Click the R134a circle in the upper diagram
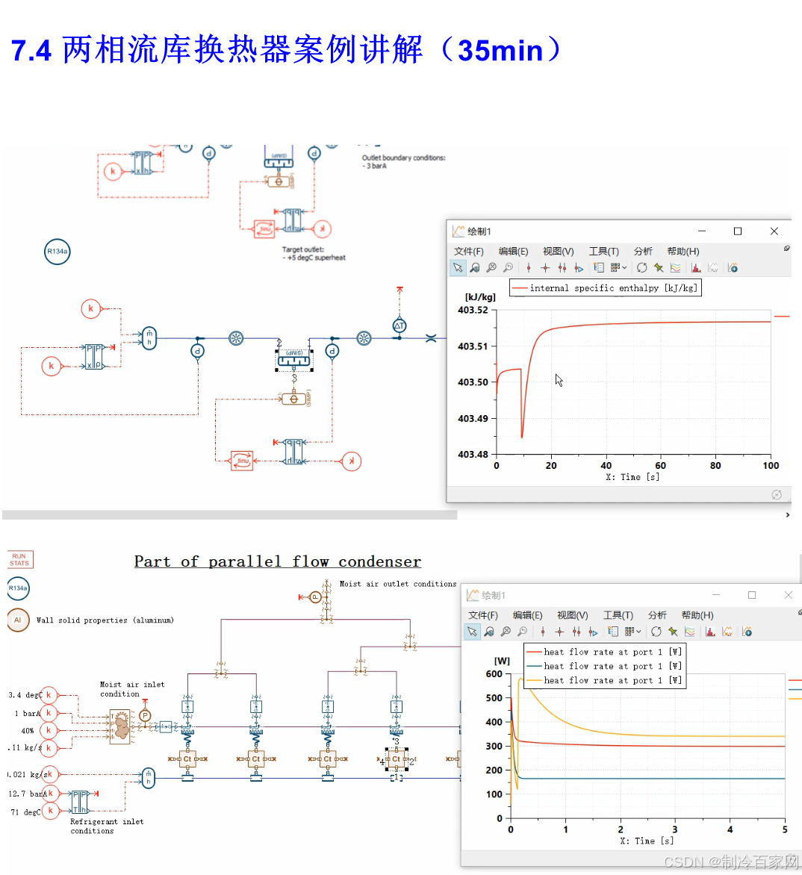(57, 252)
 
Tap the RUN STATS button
(19, 559)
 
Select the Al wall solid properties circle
(18, 620)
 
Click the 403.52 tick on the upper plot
(473, 310)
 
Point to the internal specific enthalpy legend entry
(606, 288)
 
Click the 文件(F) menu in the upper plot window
(468, 252)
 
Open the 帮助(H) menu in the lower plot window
(697, 615)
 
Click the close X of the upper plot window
(774, 231)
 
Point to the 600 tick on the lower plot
(494, 673)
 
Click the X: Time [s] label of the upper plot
(632, 477)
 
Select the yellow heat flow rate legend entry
(603, 680)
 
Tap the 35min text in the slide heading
(500, 51)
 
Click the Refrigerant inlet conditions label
(106, 826)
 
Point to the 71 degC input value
(25, 812)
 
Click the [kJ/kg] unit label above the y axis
(479, 297)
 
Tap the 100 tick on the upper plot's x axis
(770, 466)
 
